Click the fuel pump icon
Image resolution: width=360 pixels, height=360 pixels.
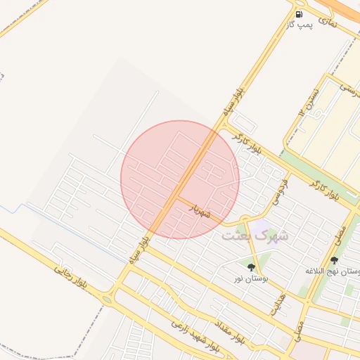click(300, 14)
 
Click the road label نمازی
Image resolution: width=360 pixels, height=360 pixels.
click(328, 22)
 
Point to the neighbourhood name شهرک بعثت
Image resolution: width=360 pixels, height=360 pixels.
click(255, 236)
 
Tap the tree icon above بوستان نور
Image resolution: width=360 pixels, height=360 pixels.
click(251, 267)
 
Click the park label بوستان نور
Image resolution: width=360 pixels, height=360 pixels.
click(251, 278)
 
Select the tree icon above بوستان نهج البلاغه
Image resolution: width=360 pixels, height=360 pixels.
click(334, 261)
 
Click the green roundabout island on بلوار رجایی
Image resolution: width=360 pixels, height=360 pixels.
click(106, 300)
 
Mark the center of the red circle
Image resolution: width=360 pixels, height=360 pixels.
click(180, 179)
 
